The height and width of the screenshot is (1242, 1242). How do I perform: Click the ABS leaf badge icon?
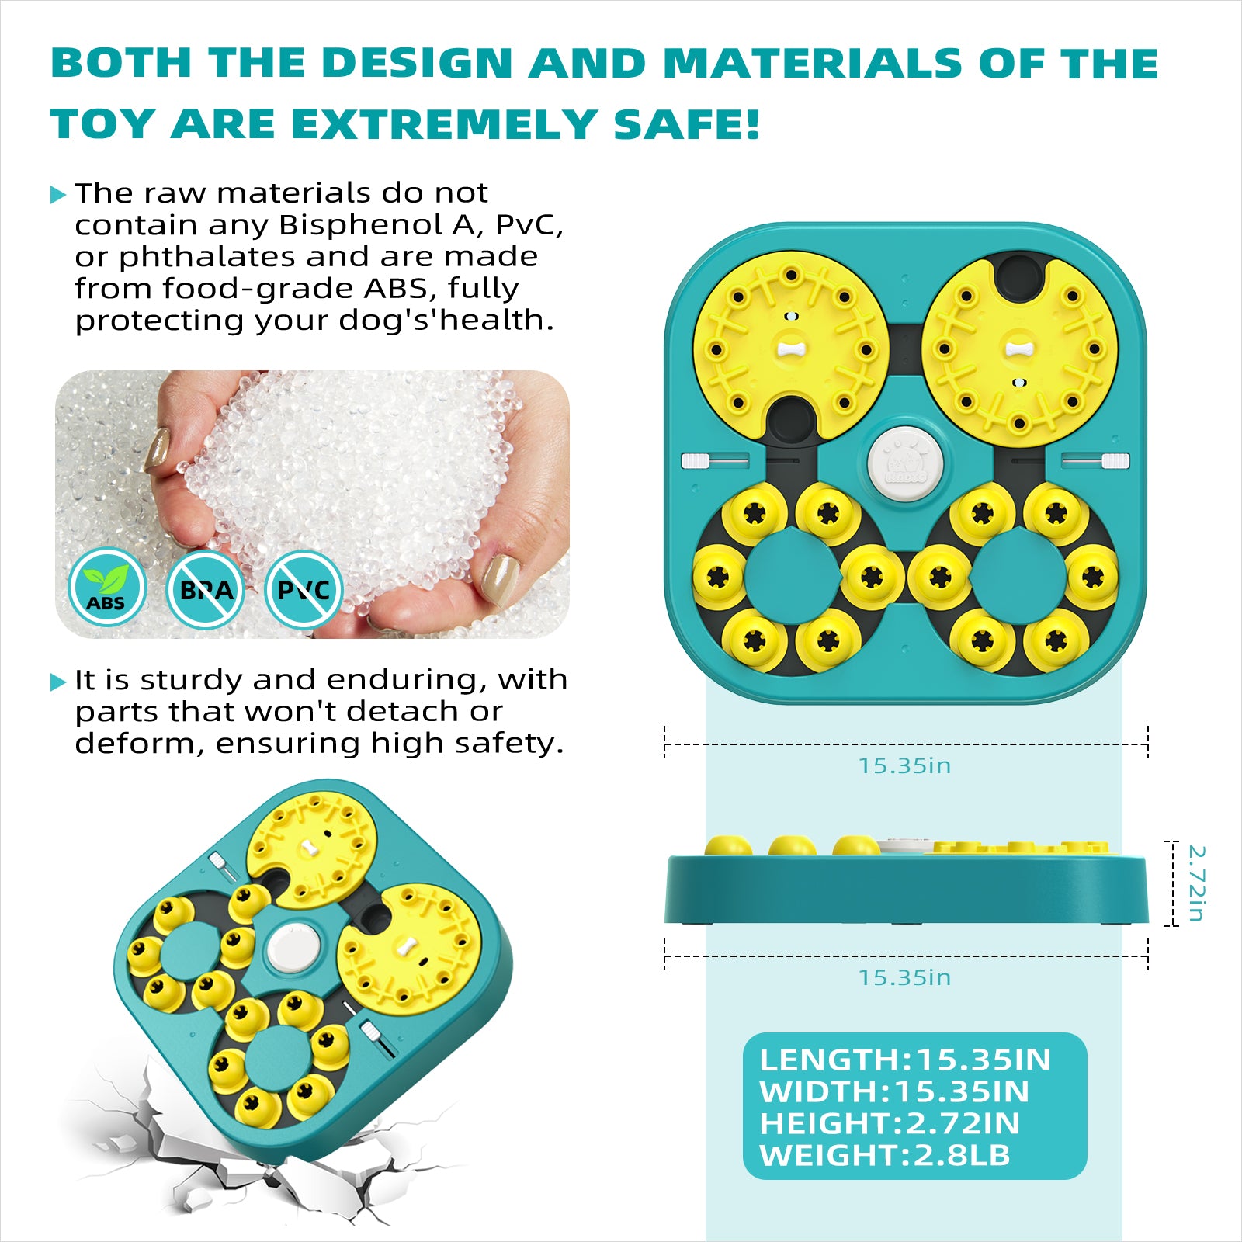tap(106, 588)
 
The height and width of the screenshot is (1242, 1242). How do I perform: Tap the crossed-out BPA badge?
tap(206, 590)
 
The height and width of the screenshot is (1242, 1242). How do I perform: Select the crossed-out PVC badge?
tap(304, 590)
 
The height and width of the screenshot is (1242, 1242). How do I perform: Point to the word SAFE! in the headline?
tap(686, 124)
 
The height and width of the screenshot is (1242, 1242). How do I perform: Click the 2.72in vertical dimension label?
tap(1195, 883)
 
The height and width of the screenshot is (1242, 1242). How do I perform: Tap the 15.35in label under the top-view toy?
tap(904, 766)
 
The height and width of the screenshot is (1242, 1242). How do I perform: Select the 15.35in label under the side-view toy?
tap(904, 978)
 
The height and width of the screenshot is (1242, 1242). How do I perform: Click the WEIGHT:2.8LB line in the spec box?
tap(885, 1155)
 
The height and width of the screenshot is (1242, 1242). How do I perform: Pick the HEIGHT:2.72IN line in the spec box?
tap(890, 1123)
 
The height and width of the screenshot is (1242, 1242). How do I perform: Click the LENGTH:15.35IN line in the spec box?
tap(905, 1060)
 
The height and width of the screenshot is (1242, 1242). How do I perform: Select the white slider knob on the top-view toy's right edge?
tap(1115, 461)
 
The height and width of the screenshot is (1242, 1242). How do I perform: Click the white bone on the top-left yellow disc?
tap(790, 349)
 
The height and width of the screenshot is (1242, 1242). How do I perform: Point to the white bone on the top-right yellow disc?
tap(1019, 349)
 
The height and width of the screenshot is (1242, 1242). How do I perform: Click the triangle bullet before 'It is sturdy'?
tap(58, 682)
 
